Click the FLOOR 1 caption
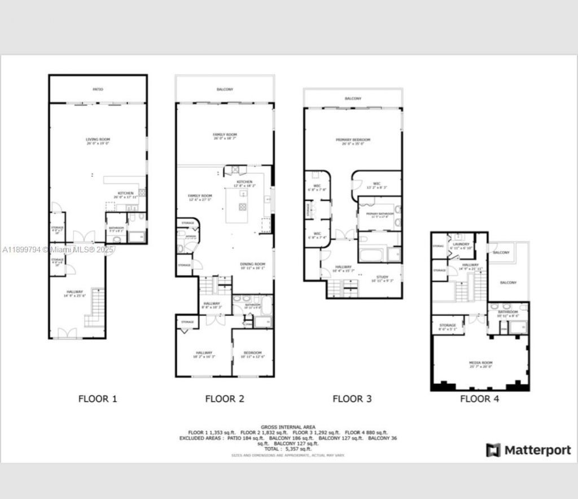pos(98,399)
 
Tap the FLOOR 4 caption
pos(479,399)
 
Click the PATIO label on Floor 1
pos(98,89)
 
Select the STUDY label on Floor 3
pos(383,278)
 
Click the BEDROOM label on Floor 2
pos(252,354)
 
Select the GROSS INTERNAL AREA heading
pos(288,427)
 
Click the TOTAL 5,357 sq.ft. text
pos(288,449)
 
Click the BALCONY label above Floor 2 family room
pos(225,89)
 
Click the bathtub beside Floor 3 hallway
pos(372,255)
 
